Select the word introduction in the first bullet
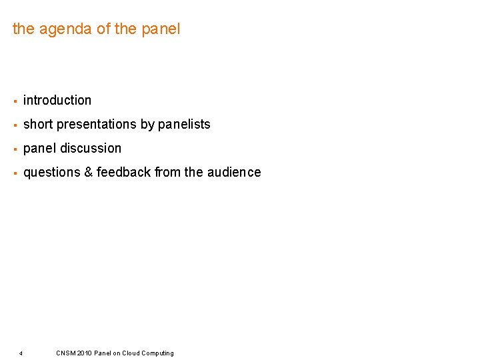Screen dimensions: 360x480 pyautogui.click(x=57, y=100)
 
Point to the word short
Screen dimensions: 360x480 pyautogui.click(x=38, y=124)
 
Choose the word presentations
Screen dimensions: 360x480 pyautogui.click(x=96, y=124)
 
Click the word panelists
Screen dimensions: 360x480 pyautogui.click(x=184, y=124)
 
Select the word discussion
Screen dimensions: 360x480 pyautogui.click(x=91, y=148)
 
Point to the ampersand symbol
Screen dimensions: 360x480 pyautogui.click(x=88, y=172)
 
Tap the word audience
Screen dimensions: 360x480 pyautogui.click(x=234, y=172)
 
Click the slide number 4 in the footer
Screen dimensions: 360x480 pyautogui.click(x=21, y=353)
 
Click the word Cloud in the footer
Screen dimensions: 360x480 pyautogui.click(x=131, y=353)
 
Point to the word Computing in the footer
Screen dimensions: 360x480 pyautogui.click(x=158, y=353)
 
